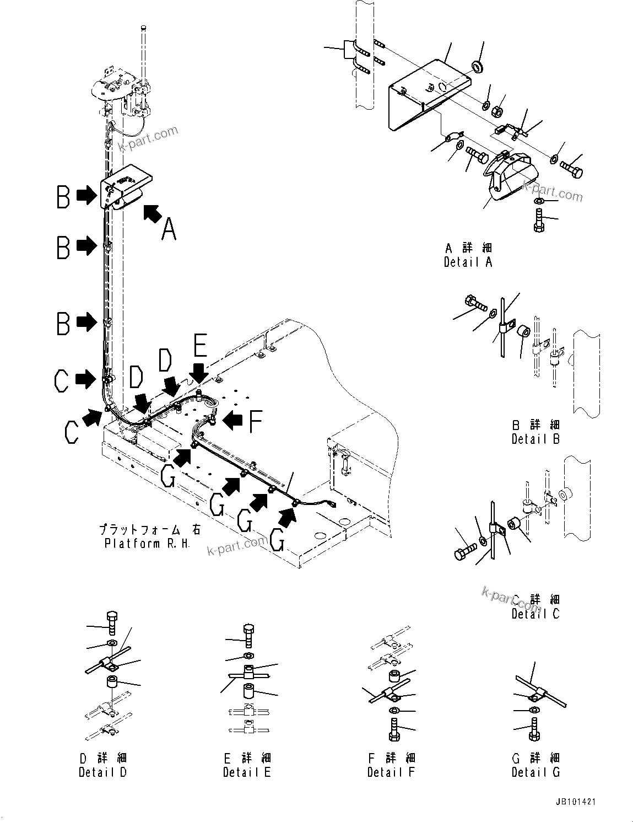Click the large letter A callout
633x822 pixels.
point(169,229)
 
